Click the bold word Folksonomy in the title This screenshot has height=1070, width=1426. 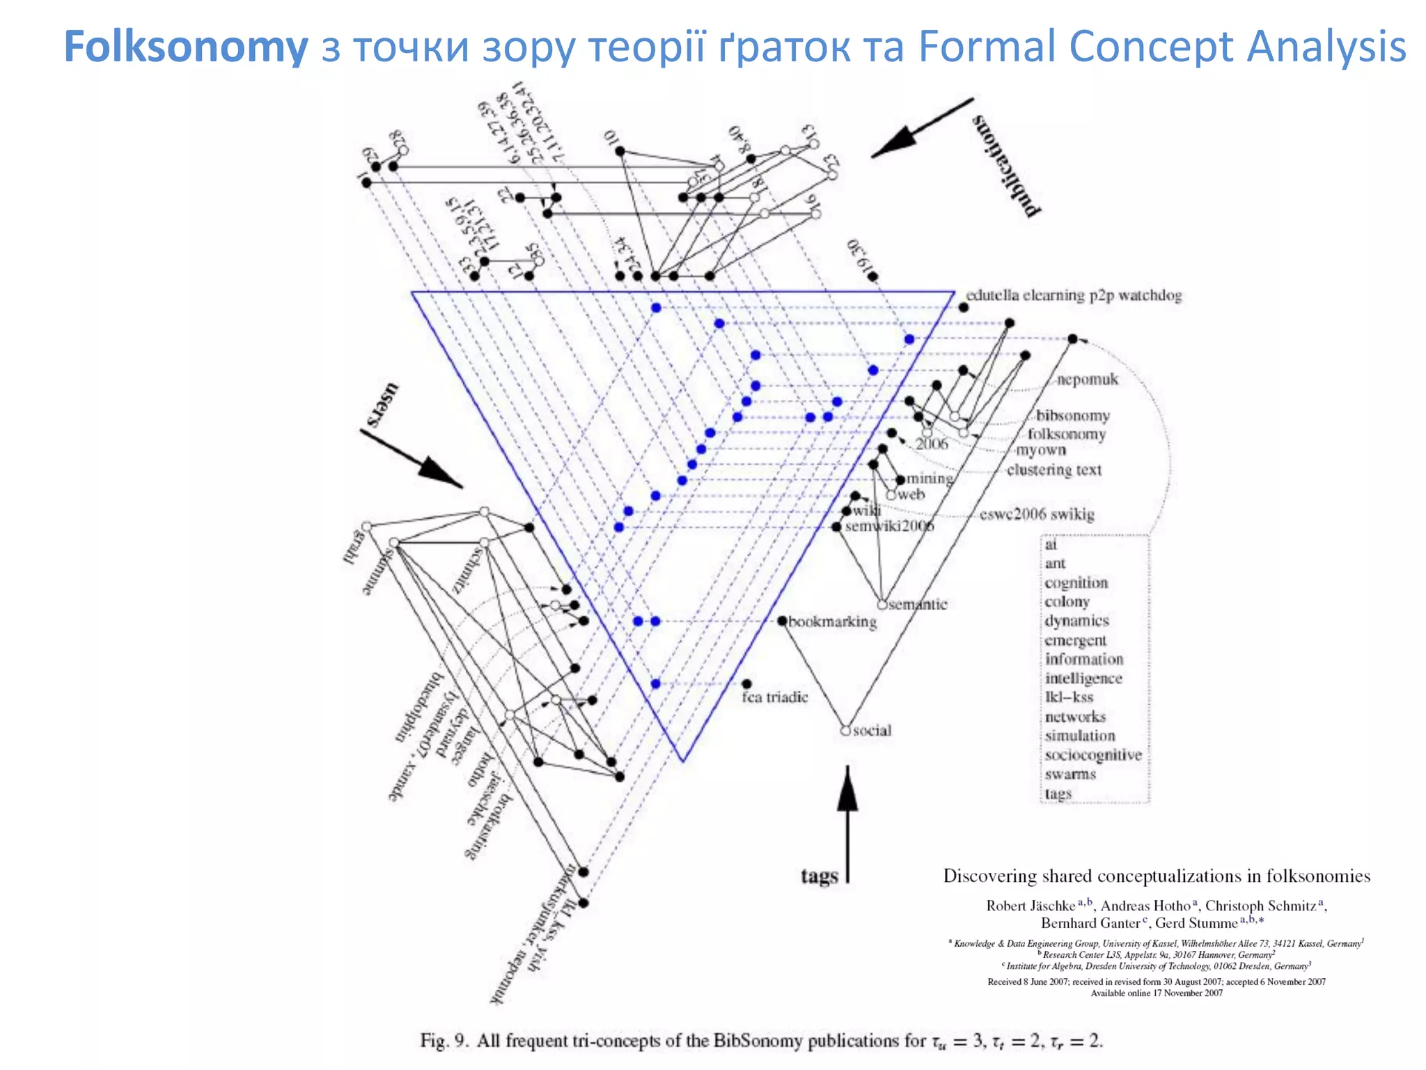pyautogui.click(x=186, y=47)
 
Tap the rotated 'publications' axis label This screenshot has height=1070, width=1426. pyautogui.click(x=1005, y=165)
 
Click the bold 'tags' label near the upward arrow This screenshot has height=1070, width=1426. pyautogui.click(x=819, y=876)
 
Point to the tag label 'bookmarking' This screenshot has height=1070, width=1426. pyautogui.click(x=832, y=621)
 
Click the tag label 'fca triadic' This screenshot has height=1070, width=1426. pyautogui.click(x=774, y=697)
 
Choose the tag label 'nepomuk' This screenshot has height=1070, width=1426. pyautogui.click(x=1087, y=380)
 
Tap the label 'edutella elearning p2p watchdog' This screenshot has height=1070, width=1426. pyautogui.click(x=1074, y=295)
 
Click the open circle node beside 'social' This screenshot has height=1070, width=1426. pyautogui.click(x=845, y=731)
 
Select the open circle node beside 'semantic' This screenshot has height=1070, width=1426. pyautogui.click(x=882, y=605)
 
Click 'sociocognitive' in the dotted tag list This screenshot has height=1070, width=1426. pyautogui.click(x=1092, y=755)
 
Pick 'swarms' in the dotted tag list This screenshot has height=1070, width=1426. pyautogui.click(x=1070, y=775)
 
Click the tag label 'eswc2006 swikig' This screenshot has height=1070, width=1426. pyautogui.click(x=1037, y=515)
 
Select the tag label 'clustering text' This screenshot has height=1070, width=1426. pyautogui.click(x=1054, y=470)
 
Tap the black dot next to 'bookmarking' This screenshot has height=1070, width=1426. pyautogui.click(x=782, y=621)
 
